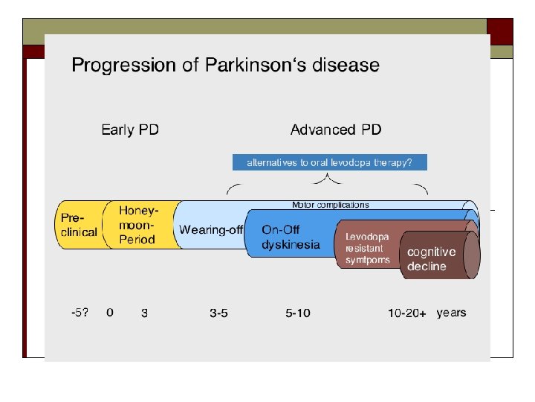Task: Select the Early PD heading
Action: click(x=130, y=130)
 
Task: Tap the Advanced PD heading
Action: click(x=336, y=130)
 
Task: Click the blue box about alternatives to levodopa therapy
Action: click(x=331, y=162)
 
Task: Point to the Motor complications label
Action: click(x=330, y=204)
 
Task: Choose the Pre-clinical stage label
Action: click(x=79, y=225)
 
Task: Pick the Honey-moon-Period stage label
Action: click(x=138, y=225)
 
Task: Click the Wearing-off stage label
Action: click(x=211, y=230)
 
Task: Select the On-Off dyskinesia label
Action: click(x=291, y=237)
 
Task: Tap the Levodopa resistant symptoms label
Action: click(x=367, y=248)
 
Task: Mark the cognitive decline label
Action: click(x=432, y=259)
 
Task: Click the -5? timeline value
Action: click(x=80, y=313)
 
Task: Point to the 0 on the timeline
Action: click(x=110, y=313)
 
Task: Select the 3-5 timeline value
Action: click(x=218, y=313)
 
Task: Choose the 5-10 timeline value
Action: click(x=298, y=313)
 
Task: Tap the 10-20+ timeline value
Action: click(x=407, y=313)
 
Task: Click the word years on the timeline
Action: click(x=451, y=313)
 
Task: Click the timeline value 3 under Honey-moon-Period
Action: click(x=144, y=313)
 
